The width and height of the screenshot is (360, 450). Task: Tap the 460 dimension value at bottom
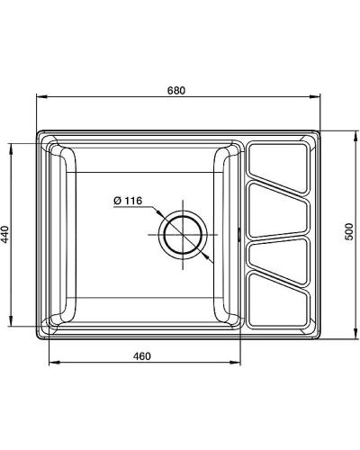pyautogui.click(x=140, y=355)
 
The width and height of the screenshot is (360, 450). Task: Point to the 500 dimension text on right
pyautogui.click(x=349, y=232)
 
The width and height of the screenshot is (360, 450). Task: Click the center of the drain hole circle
pyautogui.click(x=183, y=237)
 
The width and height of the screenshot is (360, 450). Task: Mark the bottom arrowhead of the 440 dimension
pyautogui.click(x=13, y=322)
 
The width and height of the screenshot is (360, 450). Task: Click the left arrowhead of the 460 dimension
pyautogui.click(x=49, y=364)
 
